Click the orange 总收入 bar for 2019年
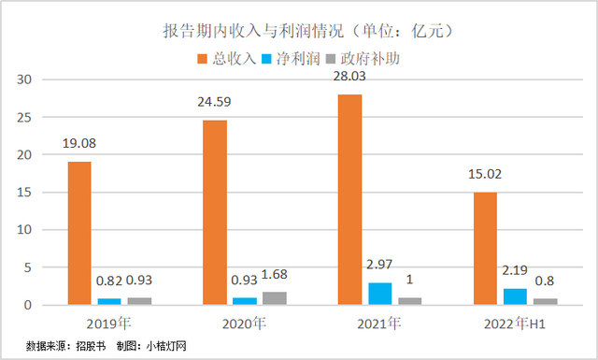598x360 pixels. point(79,233)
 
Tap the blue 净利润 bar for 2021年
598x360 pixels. point(380,294)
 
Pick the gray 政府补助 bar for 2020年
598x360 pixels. point(275,298)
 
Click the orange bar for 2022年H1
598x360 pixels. point(486,248)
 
